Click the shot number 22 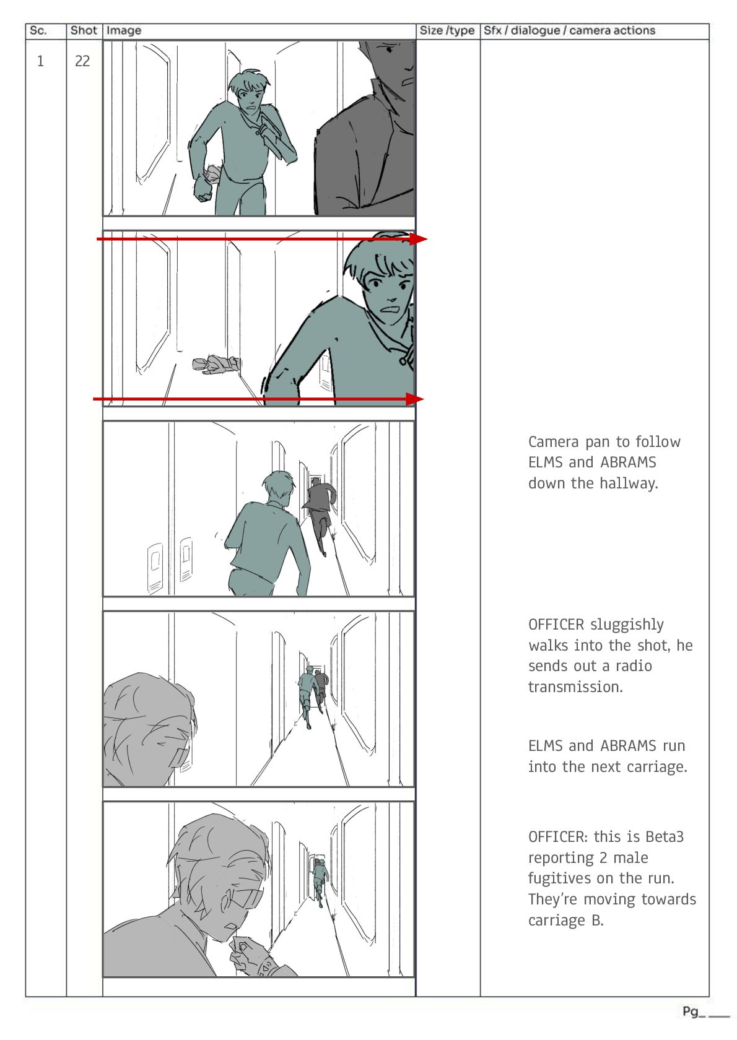82,61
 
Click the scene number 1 40,61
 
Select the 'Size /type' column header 447,31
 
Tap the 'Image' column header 123,31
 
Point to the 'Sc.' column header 38,31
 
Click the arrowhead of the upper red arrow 418,239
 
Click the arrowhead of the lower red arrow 415,399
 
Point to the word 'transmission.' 575,687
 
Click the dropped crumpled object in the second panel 216,364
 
